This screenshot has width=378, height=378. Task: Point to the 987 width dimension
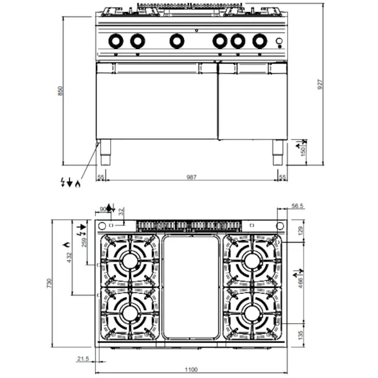click(x=192, y=178)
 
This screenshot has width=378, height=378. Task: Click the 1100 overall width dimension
click(x=192, y=369)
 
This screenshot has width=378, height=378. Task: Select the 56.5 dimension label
click(x=298, y=205)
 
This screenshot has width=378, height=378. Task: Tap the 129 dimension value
click(x=301, y=231)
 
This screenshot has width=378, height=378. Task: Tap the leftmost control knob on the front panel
click(x=117, y=41)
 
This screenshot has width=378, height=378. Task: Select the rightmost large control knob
click(x=258, y=41)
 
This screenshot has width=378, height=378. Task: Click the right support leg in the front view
click(x=278, y=152)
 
